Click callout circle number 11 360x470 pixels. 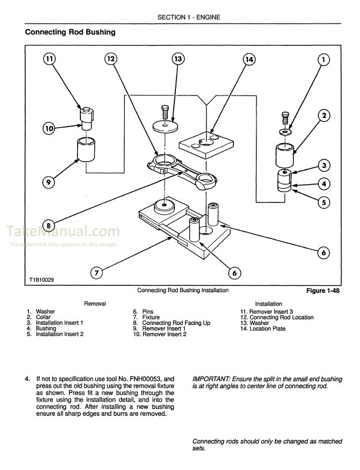(x=50, y=59)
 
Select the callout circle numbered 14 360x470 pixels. (x=248, y=59)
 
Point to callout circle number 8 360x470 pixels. (x=50, y=225)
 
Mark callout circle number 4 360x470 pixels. (x=324, y=184)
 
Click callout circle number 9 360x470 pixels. (x=50, y=183)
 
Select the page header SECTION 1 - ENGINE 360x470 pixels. (x=180, y=18)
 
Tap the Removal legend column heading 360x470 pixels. (x=95, y=303)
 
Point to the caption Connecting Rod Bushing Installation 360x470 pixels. (x=183, y=291)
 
